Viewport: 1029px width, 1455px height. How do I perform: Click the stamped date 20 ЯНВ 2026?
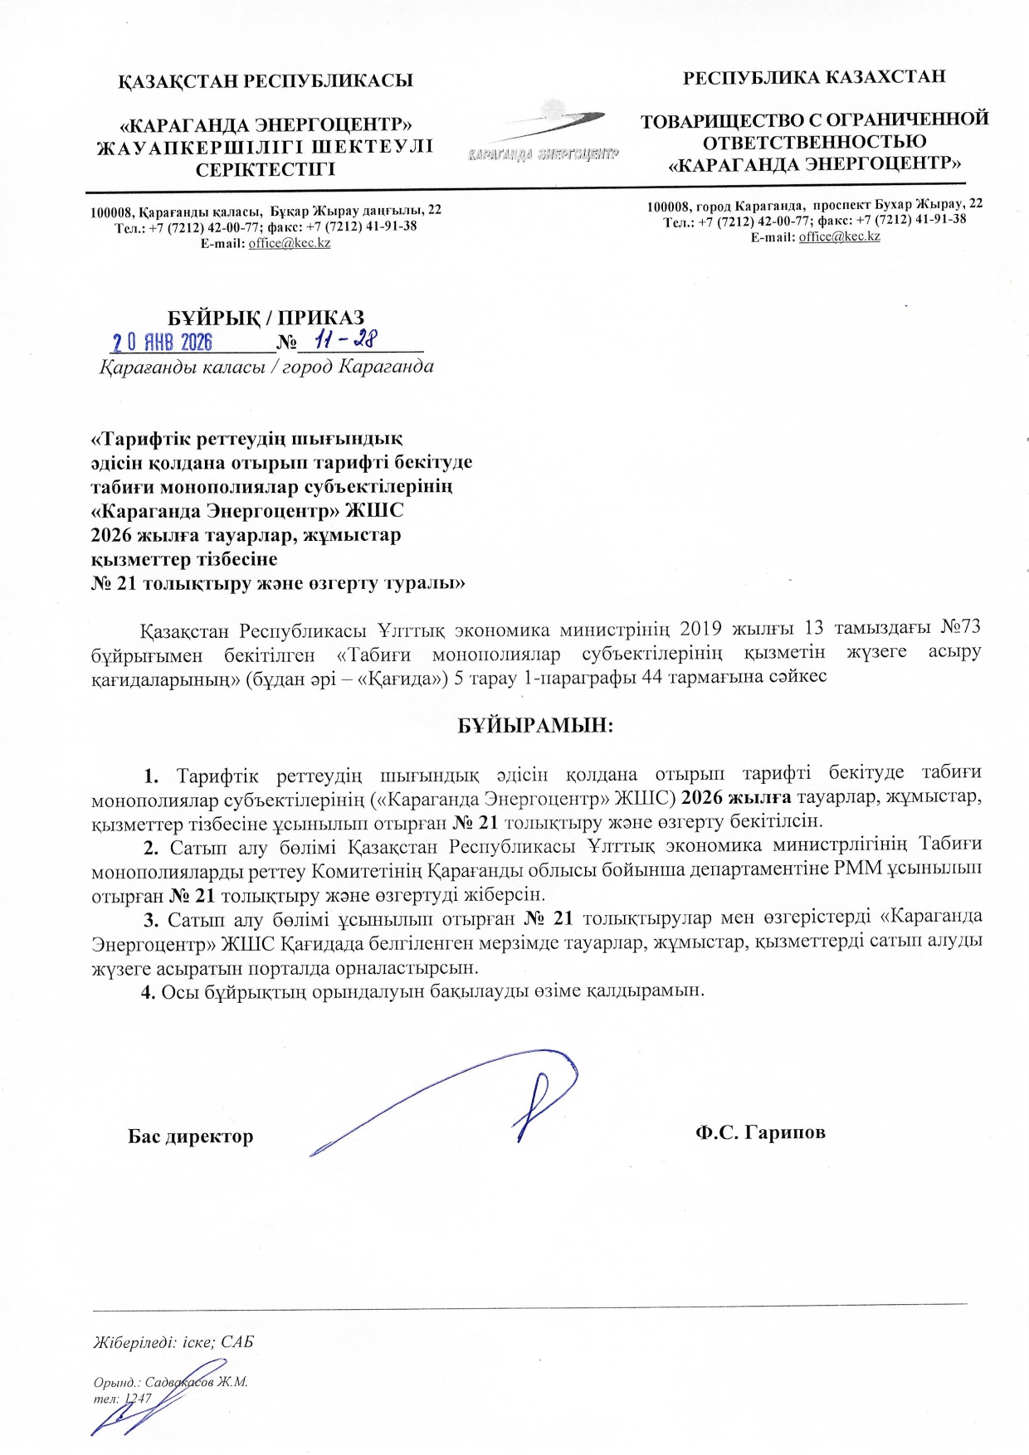point(163,342)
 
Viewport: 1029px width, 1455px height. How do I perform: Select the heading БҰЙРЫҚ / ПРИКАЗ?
point(266,318)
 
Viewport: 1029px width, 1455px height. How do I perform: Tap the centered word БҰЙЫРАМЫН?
point(536,725)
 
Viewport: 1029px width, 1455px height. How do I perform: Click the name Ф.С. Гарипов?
point(760,1132)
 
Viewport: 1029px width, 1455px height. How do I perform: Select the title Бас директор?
point(190,1136)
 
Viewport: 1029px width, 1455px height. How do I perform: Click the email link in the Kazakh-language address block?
point(290,243)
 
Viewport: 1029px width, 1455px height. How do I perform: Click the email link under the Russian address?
point(839,236)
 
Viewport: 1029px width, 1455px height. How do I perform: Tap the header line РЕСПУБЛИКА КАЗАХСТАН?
point(814,77)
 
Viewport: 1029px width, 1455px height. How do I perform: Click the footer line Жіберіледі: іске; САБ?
point(173,1341)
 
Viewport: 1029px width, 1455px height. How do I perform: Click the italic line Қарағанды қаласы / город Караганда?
point(266,367)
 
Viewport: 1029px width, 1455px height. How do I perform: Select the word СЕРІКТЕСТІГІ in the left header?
point(266,170)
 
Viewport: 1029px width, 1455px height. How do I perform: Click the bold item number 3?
point(151,918)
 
